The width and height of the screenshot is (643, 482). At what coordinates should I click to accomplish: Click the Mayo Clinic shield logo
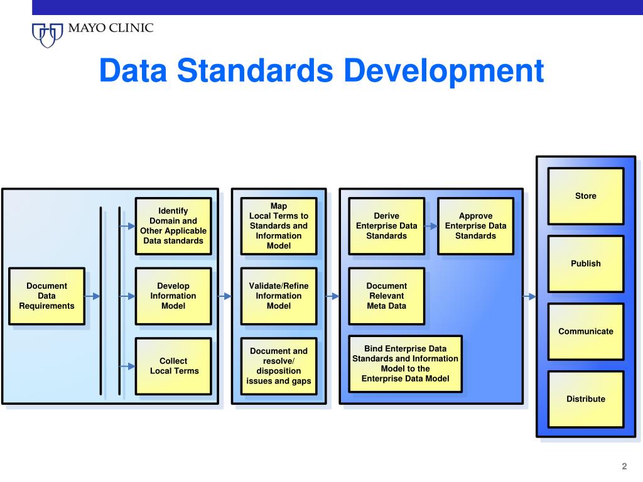(x=47, y=34)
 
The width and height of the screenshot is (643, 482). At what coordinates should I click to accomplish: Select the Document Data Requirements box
(x=46, y=296)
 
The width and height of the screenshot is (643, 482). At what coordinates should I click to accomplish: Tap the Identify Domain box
(x=173, y=226)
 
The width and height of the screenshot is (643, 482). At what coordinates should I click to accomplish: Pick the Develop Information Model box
(x=173, y=296)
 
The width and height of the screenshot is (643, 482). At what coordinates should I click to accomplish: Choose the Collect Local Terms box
(x=173, y=366)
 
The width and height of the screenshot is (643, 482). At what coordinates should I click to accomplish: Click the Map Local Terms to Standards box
(x=279, y=226)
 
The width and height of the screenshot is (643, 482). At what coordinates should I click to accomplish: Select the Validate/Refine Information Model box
(x=279, y=296)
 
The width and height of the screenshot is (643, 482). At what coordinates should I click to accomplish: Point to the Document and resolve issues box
(x=279, y=366)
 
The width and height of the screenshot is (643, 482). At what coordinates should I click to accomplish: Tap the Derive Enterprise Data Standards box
(x=386, y=226)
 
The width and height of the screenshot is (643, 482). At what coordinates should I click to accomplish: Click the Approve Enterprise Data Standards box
(x=475, y=226)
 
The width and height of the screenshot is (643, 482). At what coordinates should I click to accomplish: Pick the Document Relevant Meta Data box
(x=386, y=296)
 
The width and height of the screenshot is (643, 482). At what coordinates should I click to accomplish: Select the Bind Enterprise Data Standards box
(x=405, y=363)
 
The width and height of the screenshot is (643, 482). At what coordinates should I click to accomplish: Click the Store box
(x=585, y=196)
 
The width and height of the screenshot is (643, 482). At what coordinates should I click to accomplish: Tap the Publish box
(x=585, y=264)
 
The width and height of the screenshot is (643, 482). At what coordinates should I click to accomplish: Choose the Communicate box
(x=585, y=331)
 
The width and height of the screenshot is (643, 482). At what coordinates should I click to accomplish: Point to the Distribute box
(x=585, y=399)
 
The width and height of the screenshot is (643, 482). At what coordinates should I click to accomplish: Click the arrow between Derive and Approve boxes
(x=431, y=226)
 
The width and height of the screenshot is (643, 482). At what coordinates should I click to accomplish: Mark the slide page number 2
(x=624, y=466)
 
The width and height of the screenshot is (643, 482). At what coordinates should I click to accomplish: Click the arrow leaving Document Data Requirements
(x=92, y=296)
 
